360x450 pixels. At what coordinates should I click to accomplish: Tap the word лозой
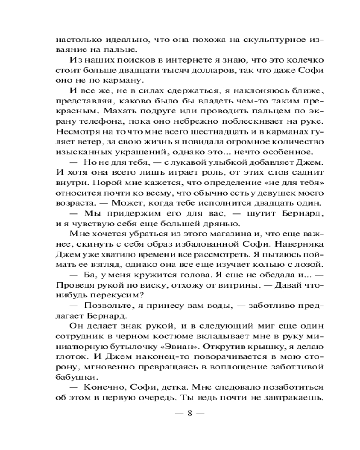[308, 267]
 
